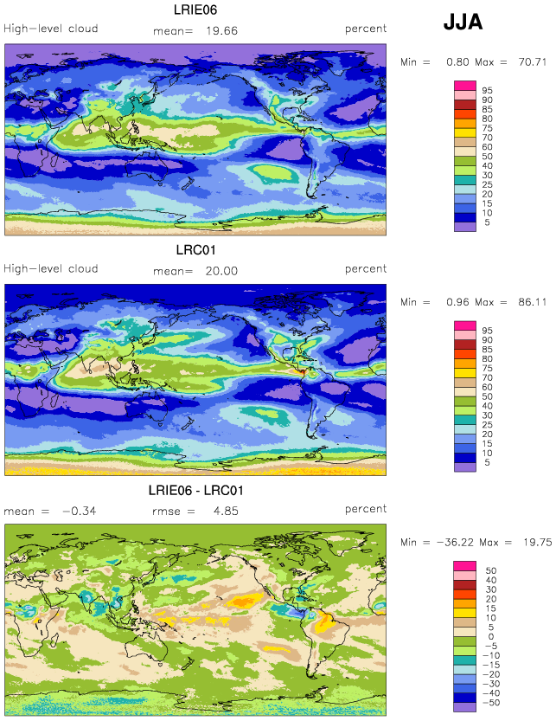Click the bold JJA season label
coord(463,23)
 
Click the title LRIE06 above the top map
coord(195,10)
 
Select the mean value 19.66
coord(222,31)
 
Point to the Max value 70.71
coord(532,61)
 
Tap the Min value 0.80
coord(457,61)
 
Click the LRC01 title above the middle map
coord(195,249)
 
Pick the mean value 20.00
coord(221,271)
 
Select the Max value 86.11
coord(532,302)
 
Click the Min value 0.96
coord(457,302)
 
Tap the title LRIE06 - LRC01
coord(195,490)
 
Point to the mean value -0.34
coord(79,511)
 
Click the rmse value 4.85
coord(226,511)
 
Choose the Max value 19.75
coord(538,542)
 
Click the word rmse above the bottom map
coord(166,511)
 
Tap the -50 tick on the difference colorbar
coord(491,703)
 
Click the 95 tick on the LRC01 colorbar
coord(487,331)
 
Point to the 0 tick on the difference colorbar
coord(491,637)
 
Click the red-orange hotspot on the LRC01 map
coord(299,372)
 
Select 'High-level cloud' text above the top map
coord(51,29)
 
